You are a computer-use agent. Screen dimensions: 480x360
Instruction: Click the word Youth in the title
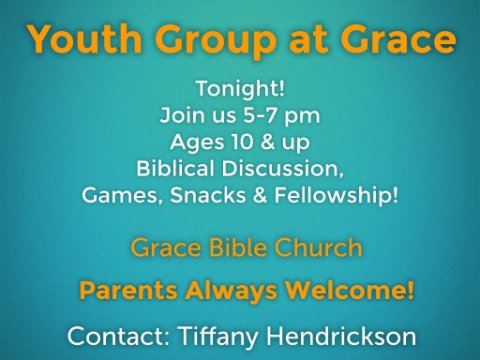point(85,39)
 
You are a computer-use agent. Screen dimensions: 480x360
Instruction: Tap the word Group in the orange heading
point(216,42)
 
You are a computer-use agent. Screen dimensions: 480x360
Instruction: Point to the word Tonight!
point(240,89)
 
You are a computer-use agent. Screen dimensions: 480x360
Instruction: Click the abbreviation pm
point(302,117)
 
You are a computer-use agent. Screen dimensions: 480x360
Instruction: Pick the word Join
point(178,116)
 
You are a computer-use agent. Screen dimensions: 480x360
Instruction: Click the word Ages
point(197,143)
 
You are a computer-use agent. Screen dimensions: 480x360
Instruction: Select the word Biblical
point(175,168)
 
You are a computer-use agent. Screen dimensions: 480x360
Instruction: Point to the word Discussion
point(283,168)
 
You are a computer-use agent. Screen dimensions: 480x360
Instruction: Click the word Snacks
point(208,195)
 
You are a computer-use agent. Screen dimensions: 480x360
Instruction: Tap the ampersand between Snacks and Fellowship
point(260,195)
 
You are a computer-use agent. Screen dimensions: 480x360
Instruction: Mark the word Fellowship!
point(336,196)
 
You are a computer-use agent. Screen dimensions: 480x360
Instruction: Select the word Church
point(318,248)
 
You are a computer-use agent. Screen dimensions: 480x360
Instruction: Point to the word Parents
point(128,290)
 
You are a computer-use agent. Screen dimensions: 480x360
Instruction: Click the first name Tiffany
point(218,337)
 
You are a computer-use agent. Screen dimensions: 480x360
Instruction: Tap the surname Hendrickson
point(341,336)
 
